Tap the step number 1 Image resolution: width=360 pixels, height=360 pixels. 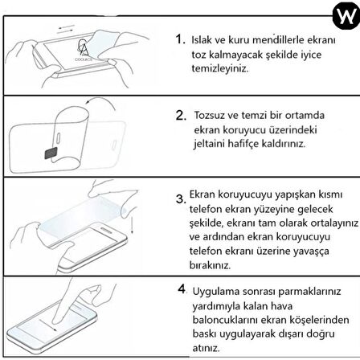(x=179, y=39)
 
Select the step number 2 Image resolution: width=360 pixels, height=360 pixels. (x=181, y=115)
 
